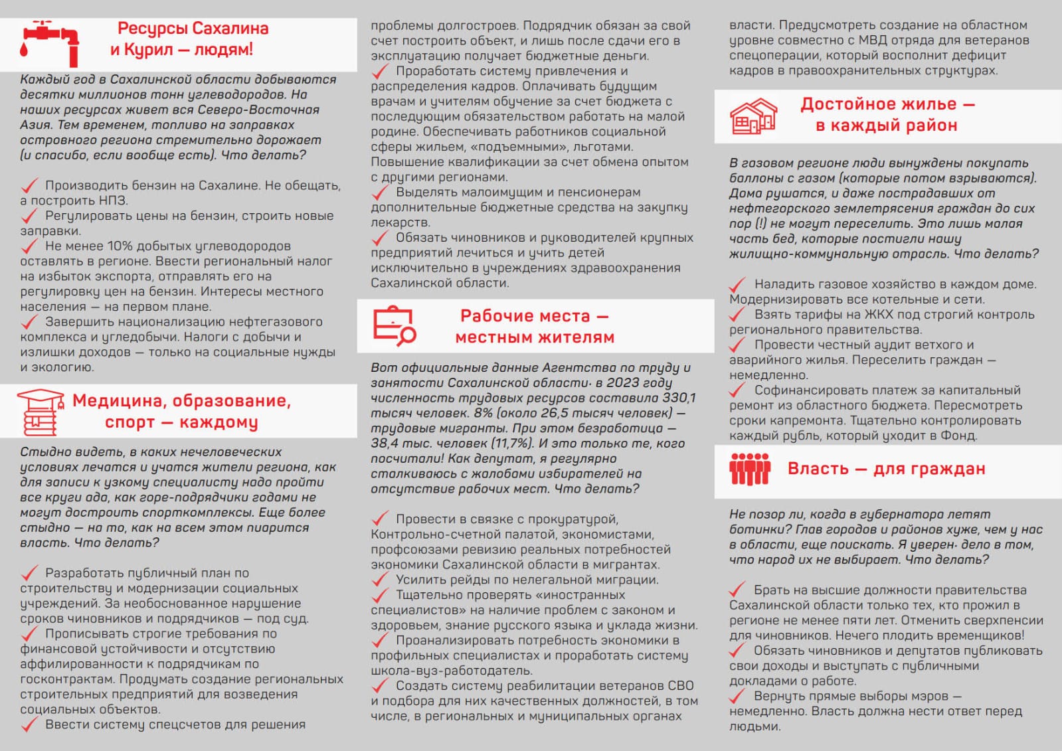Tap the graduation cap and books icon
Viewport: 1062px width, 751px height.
(41, 411)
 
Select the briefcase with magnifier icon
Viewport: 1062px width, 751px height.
(394, 326)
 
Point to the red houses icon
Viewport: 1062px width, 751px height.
(753, 116)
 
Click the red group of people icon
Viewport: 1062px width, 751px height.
(750, 469)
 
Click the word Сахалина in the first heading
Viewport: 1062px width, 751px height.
(230, 29)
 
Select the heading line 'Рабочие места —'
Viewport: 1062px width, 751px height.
(535, 316)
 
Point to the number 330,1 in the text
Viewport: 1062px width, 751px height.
(679, 398)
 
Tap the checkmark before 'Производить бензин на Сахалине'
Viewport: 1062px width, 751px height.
(29, 185)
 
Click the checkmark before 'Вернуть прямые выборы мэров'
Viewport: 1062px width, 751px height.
(737, 696)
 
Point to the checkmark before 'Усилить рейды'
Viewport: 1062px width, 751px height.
(379, 580)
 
